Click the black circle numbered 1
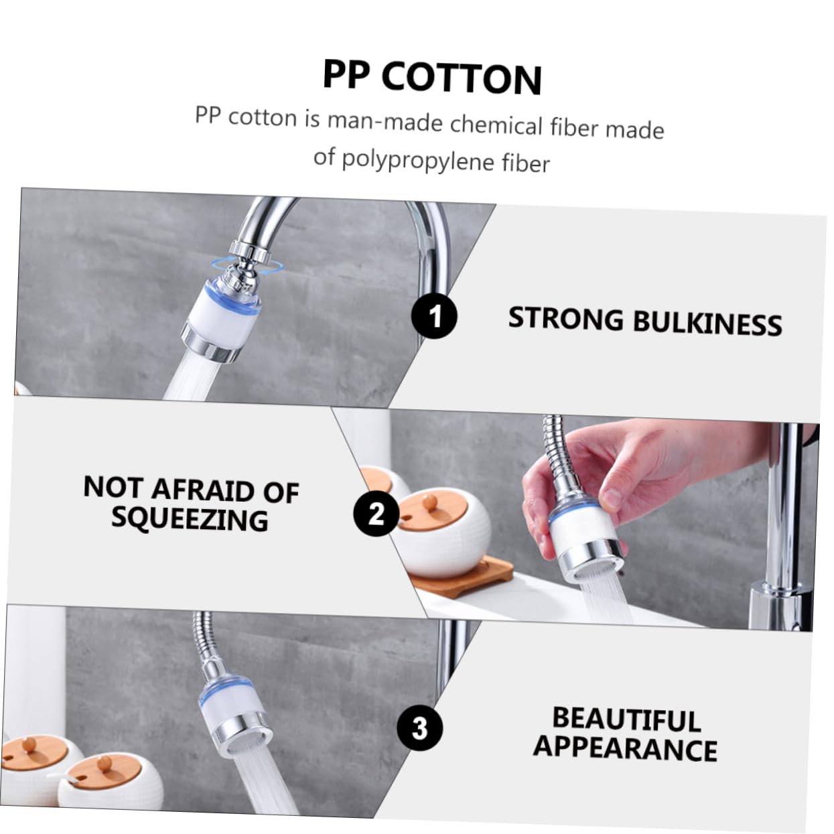pyautogui.click(x=434, y=316)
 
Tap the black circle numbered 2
pyautogui.click(x=376, y=514)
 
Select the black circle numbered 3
pyautogui.click(x=419, y=727)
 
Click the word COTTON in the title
pyautogui.click(x=462, y=78)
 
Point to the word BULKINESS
pyautogui.click(x=707, y=324)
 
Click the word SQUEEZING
pyautogui.click(x=190, y=518)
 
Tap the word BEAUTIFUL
pyautogui.click(x=626, y=719)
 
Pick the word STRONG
pyautogui.click(x=565, y=319)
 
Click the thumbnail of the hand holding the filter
pyautogui.click(x=580, y=519)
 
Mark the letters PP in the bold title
pyautogui.click(x=346, y=74)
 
